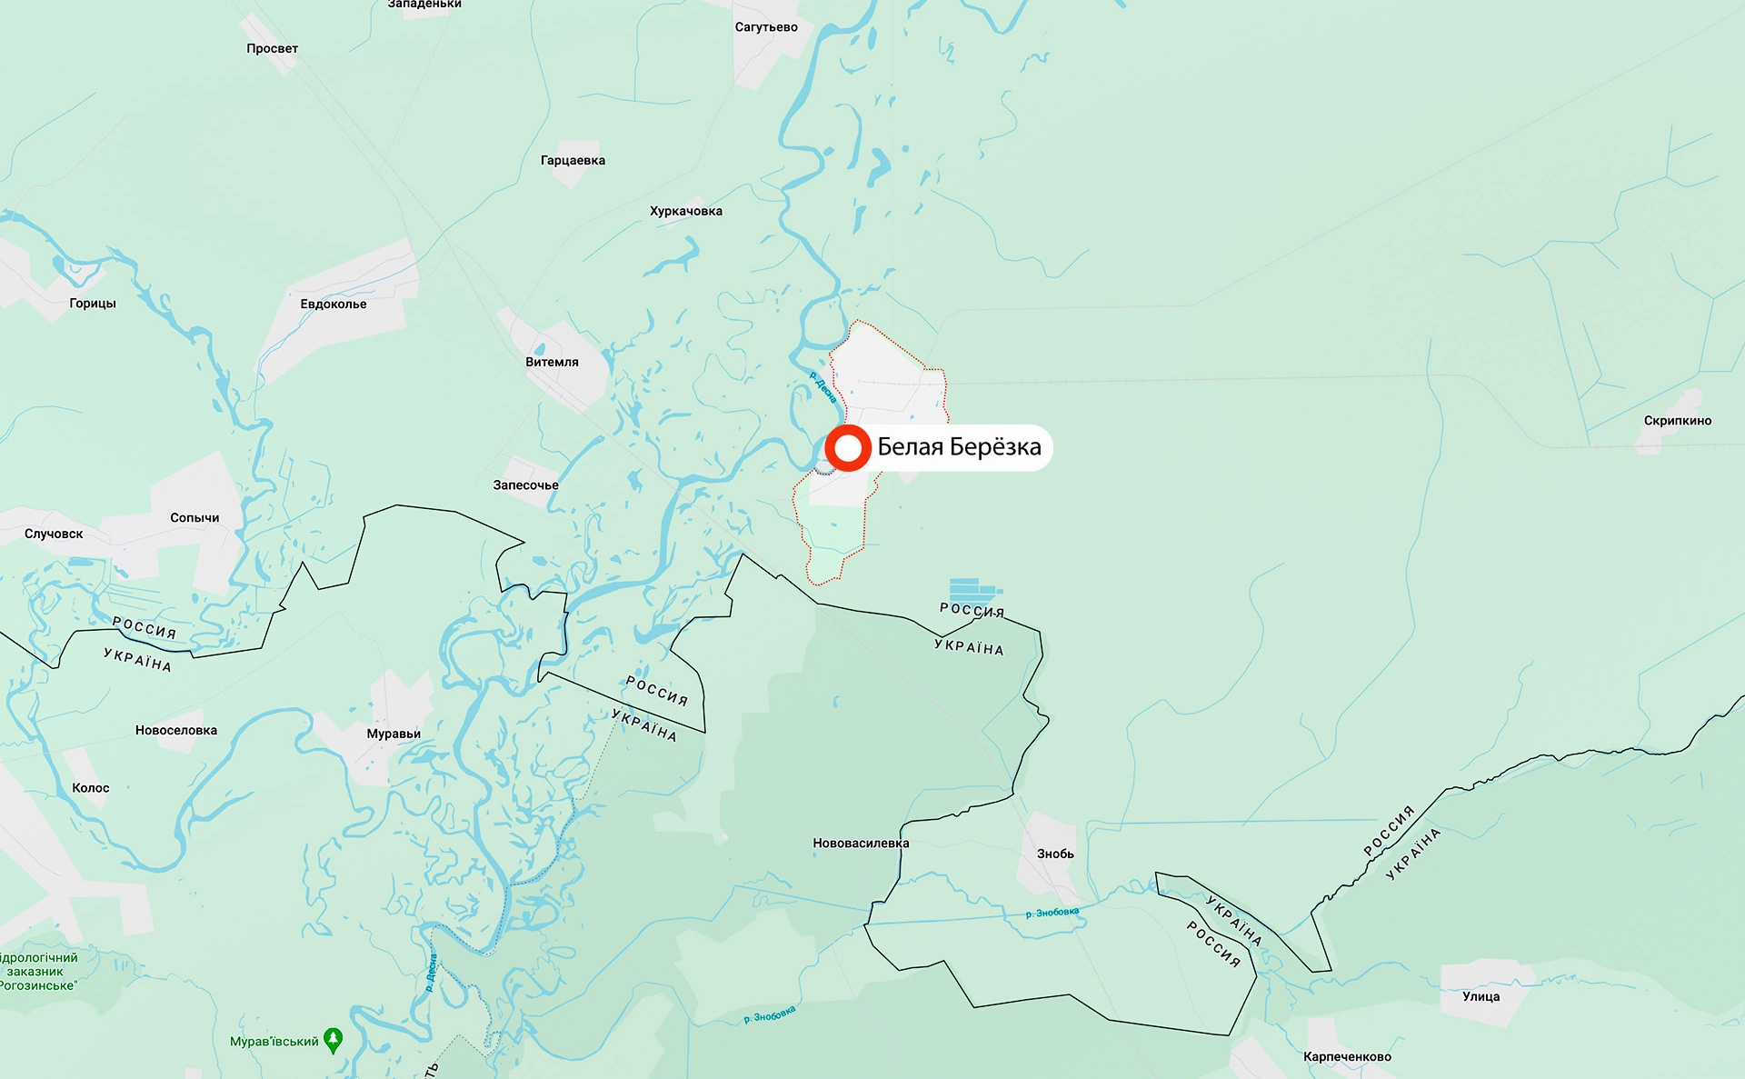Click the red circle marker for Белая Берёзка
click(848, 447)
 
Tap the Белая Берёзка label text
click(959, 447)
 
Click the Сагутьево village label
click(766, 27)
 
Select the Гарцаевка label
click(573, 161)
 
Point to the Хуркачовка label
click(686, 212)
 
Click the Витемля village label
click(552, 362)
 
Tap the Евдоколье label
click(334, 305)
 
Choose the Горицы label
click(93, 304)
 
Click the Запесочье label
click(525, 485)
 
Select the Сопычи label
click(194, 518)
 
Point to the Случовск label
click(54, 535)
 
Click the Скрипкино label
click(1677, 421)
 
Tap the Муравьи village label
click(394, 734)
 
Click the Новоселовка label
click(176, 731)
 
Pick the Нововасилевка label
click(861, 844)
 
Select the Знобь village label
click(1055, 854)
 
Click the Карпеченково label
click(1347, 1057)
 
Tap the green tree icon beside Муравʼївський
click(334, 1040)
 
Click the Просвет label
click(272, 49)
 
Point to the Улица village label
click(1481, 997)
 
